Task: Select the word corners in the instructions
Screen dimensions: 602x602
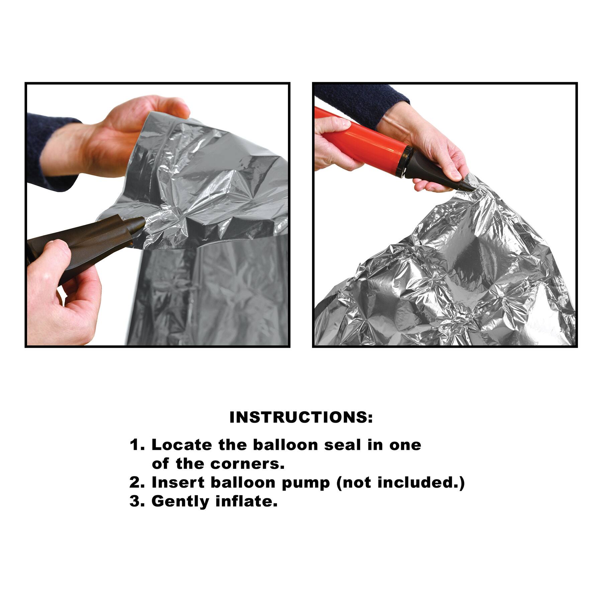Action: click(x=247, y=464)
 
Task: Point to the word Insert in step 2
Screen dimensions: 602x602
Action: click(x=178, y=482)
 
